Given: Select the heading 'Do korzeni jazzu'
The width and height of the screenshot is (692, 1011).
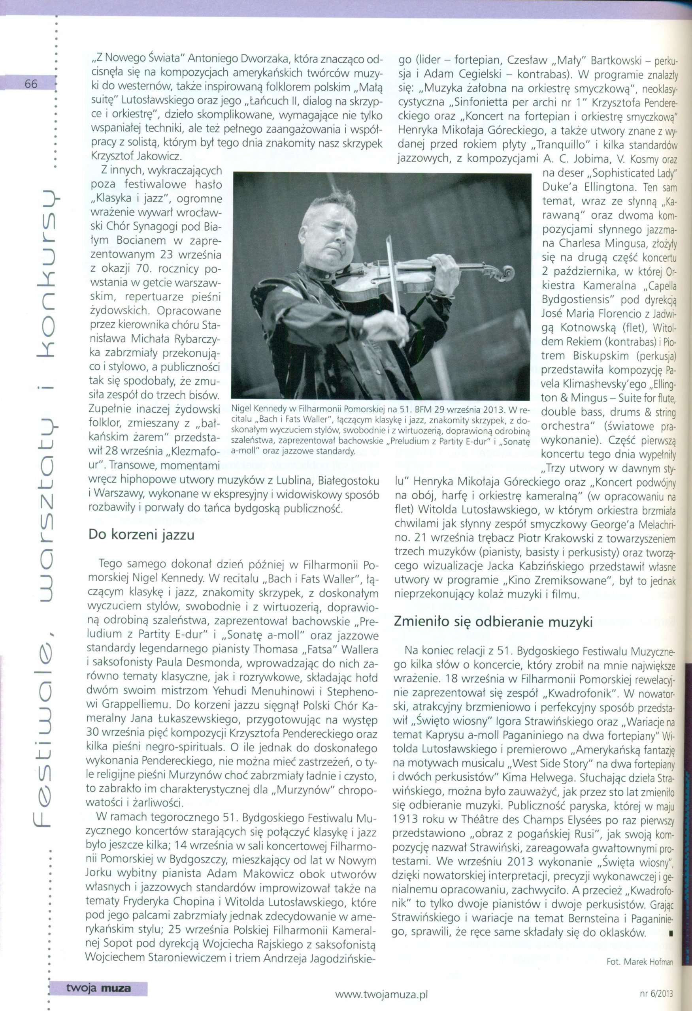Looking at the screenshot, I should click(141, 534).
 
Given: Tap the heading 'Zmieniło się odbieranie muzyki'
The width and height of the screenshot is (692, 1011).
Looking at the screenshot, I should click(493, 622).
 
